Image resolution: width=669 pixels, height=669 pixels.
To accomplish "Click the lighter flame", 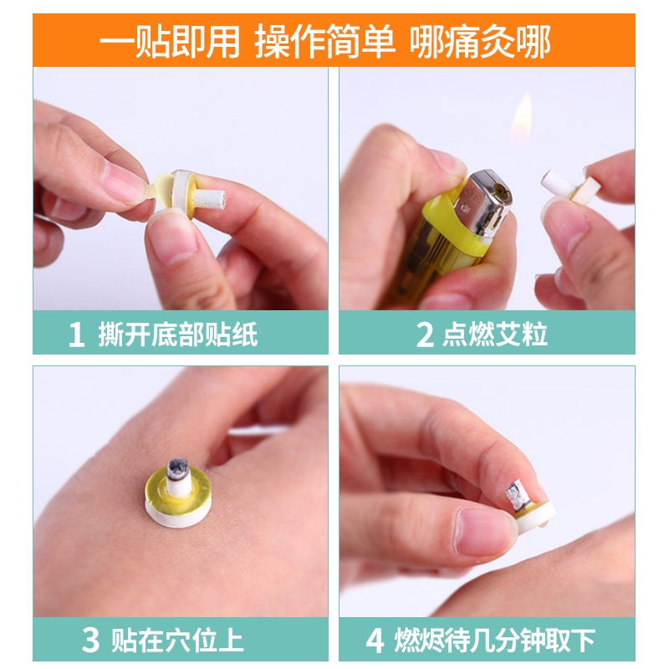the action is click(522, 120).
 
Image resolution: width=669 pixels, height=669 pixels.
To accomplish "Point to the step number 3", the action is click(90, 640).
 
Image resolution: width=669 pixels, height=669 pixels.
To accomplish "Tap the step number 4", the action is click(375, 640).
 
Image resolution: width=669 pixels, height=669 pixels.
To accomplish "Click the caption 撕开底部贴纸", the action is click(178, 334).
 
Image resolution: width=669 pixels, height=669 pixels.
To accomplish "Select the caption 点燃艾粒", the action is click(494, 334).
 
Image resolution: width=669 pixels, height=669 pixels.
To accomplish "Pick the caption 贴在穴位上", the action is click(177, 640).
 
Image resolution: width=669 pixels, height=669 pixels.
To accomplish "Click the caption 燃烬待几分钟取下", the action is click(494, 640).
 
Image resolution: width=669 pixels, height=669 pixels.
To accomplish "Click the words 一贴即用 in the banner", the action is click(170, 41).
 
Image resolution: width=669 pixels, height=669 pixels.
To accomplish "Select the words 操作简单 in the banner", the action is click(324, 41).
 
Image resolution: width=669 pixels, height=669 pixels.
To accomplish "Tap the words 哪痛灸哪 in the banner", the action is click(480, 41).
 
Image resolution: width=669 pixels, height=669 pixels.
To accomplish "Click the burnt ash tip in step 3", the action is click(177, 467).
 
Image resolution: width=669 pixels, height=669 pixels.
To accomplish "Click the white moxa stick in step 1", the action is click(209, 197).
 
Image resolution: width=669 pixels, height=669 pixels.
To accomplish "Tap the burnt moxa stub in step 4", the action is click(517, 494).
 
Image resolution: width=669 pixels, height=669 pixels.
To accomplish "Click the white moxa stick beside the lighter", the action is click(558, 182).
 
